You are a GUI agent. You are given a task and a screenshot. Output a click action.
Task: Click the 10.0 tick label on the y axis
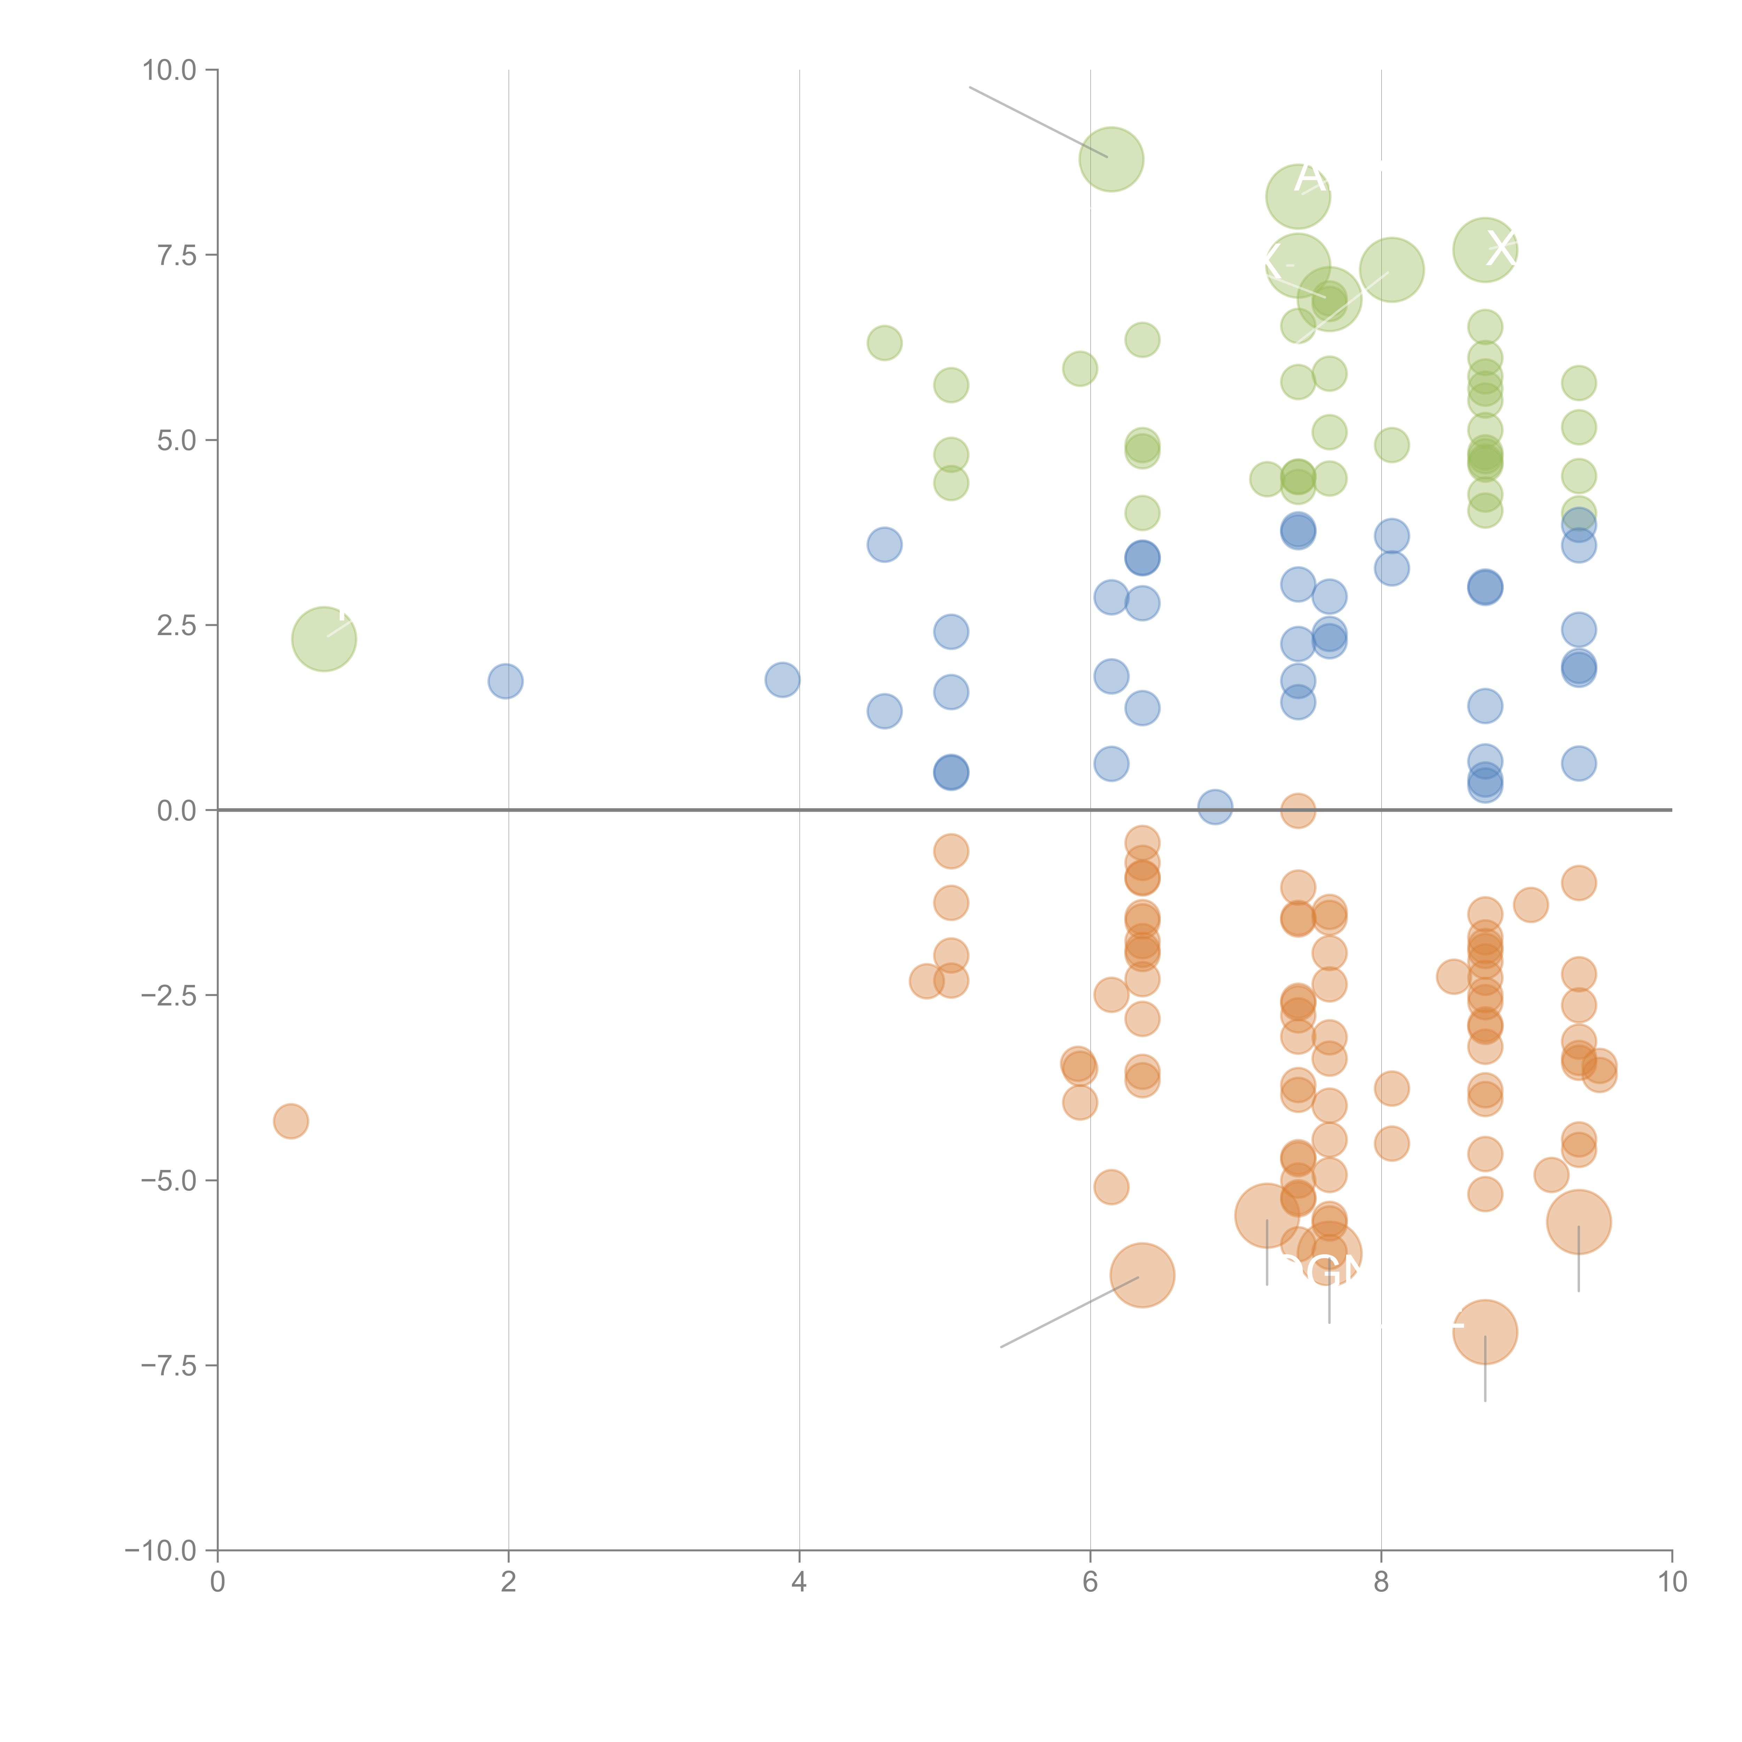click(170, 70)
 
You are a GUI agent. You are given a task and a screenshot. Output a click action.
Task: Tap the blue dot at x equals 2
click(506, 681)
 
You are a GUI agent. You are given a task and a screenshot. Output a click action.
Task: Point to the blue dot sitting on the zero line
click(1216, 807)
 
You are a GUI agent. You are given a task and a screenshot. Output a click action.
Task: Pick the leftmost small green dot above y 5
click(885, 342)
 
